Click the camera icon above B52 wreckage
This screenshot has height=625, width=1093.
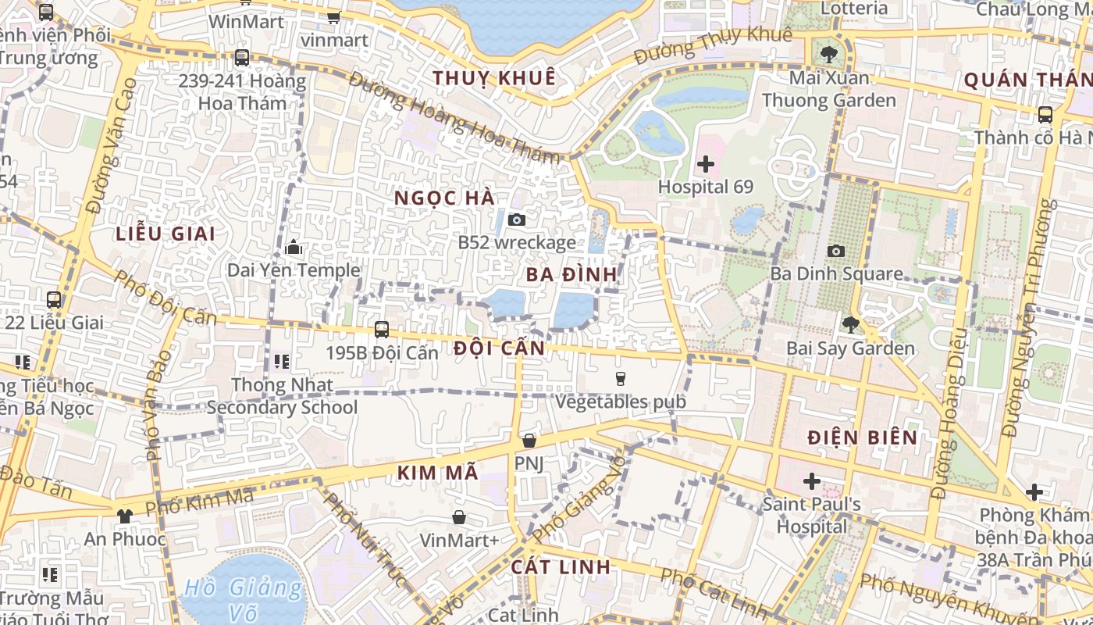pyautogui.click(x=516, y=220)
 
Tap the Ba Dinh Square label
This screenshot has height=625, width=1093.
pyautogui.click(x=836, y=274)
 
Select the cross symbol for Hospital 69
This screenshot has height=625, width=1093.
pyautogui.click(x=706, y=164)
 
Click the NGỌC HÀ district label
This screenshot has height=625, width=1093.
pyautogui.click(x=445, y=198)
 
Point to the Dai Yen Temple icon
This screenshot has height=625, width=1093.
pyautogui.click(x=294, y=248)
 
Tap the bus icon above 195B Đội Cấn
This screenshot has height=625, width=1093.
pyautogui.click(x=382, y=330)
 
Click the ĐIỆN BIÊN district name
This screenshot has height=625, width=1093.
pyautogui.click(x=863, y=437)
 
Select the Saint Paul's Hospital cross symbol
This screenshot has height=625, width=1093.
pyautogui.click(x=812, y=480)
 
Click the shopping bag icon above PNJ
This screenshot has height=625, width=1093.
pyautogui.click(x=529, y=441)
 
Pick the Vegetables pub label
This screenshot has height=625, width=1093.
pyautogui.click(x=621, y=402)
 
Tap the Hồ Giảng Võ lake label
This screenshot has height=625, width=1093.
pyautogui.click(x=244, y=598)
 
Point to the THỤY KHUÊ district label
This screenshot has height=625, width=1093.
pyautogui.click(x=494, y=78)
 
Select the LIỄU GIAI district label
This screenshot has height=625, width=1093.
pyautogui.click(x=166, y=234)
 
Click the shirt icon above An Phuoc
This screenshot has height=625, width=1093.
pyautogui.click(x=124, y=516)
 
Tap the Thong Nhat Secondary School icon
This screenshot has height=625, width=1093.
pyautogui.click(x=282, y=362)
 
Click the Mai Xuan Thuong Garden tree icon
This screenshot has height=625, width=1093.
pyautogui.click(x=828, y=55)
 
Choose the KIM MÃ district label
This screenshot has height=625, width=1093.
pyautogui.click(x=437, y=473)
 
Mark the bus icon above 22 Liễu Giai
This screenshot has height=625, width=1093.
pyautogui.click(x=54, y=299)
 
